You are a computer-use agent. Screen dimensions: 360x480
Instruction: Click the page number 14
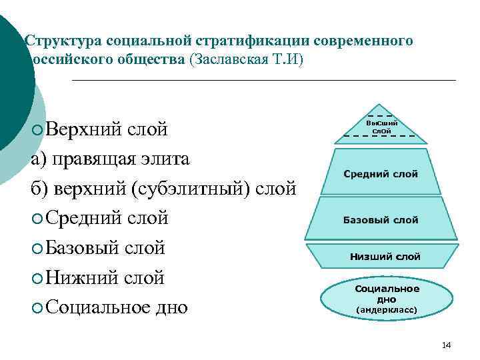[446, 345]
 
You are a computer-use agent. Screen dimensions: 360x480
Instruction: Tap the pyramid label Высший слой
[381, 127]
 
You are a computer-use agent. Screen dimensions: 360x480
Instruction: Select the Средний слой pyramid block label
[381, 174]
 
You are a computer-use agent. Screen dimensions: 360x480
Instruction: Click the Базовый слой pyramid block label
[381, 220]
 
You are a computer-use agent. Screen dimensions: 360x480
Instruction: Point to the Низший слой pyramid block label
[385, 256]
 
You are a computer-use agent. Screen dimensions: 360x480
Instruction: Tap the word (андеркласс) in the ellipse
[387, 310]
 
